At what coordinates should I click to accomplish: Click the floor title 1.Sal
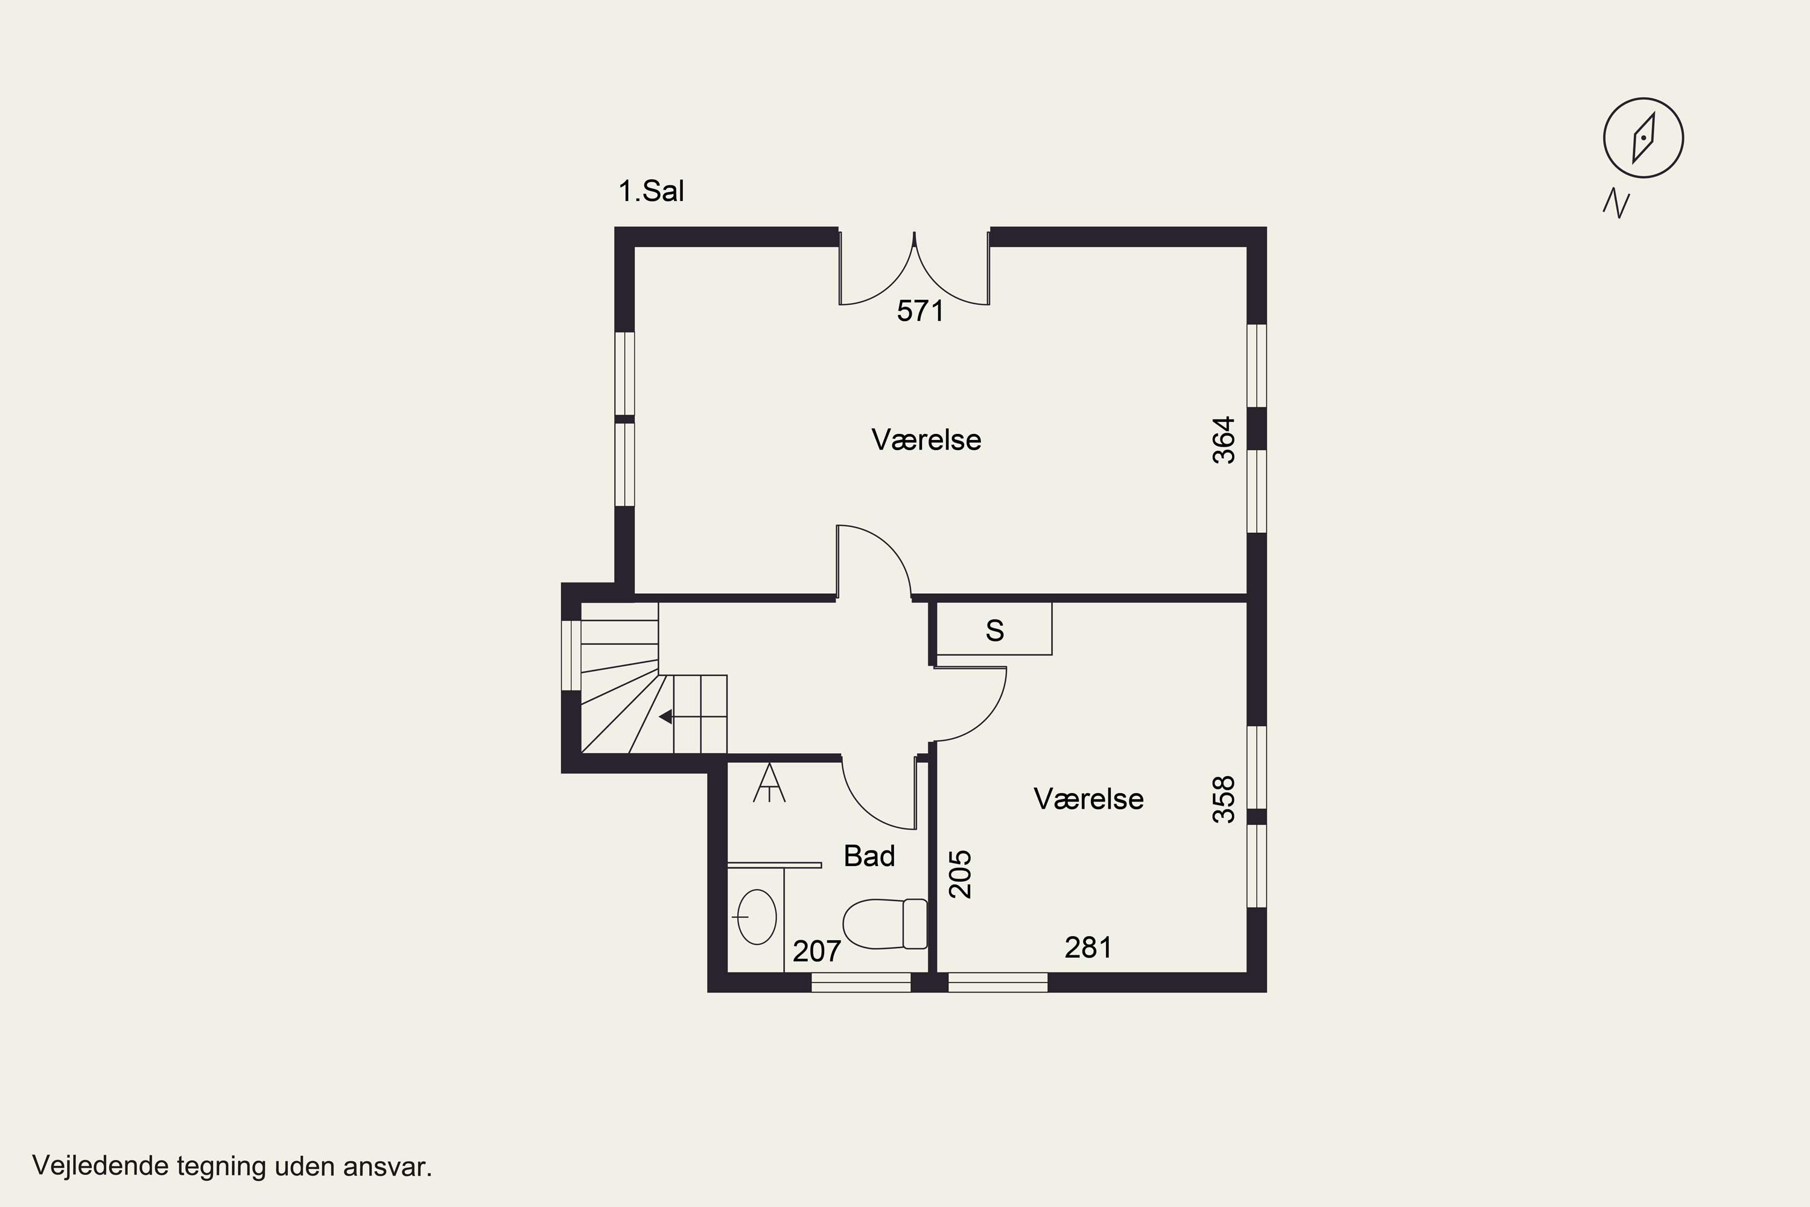point(651,191)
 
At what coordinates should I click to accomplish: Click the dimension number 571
point(921,311)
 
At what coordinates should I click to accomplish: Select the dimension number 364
point(1224,441)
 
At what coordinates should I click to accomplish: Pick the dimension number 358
point(1224,800)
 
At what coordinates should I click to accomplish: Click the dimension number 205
point(961,874)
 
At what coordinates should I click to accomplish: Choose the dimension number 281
point(1088,947)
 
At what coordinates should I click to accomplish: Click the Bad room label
point(869,856)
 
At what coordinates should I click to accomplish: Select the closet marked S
point(994,628)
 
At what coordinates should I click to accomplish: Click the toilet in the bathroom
point(885,924)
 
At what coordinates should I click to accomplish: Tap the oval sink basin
point(757,917)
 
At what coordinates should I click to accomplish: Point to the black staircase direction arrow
point(665,717)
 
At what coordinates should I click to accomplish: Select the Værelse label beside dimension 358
point(1088,799)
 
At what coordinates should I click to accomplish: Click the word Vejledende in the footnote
point(101,1166)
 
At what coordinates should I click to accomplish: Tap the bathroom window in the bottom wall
point(861,982)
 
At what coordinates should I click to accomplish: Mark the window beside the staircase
point(571,655)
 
